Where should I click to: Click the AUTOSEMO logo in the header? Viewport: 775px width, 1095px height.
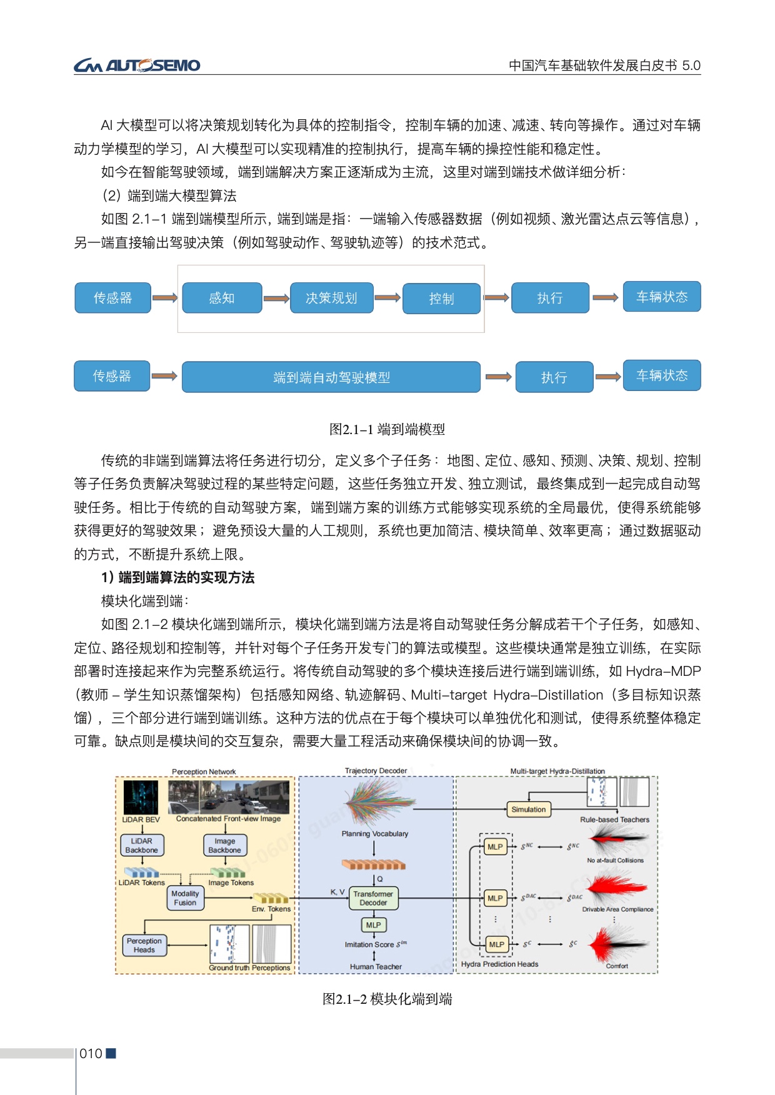tap(137, 65)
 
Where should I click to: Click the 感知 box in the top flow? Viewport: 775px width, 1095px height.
tap(222, 298)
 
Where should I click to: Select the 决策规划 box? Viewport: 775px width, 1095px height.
tap(331, 298)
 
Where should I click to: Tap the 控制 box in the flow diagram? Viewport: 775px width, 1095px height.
tap(441, 299)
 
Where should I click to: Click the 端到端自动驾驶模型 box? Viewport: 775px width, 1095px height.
tap(331, 377)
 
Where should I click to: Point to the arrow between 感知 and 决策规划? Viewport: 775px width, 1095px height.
tap(276, 299)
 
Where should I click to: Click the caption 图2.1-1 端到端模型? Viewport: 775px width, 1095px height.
tap(387, 429)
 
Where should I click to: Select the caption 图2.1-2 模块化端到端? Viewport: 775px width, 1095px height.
tap(387, 999)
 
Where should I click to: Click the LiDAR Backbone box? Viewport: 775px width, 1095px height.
tap(142, 845)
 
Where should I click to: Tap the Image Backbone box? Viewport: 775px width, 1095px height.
tap(225, 845)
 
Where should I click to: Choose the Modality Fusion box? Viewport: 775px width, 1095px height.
tap(185, 898)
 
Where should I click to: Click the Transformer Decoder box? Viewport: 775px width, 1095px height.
tap(373, 898)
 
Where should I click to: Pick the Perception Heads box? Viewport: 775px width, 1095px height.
tap(144, 945)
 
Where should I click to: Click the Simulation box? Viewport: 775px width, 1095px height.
tap(528, 810)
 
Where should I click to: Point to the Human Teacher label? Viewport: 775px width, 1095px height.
tap(376, 966)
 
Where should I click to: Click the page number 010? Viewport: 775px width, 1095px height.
tap(91, 1054)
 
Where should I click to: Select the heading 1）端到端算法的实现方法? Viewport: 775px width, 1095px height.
tap(177, 578)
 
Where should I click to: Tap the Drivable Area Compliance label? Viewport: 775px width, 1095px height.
tap(617, 909)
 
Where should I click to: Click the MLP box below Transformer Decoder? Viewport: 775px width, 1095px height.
tap(373, 924)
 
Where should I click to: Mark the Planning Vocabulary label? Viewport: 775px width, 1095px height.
tap(374, 833)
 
